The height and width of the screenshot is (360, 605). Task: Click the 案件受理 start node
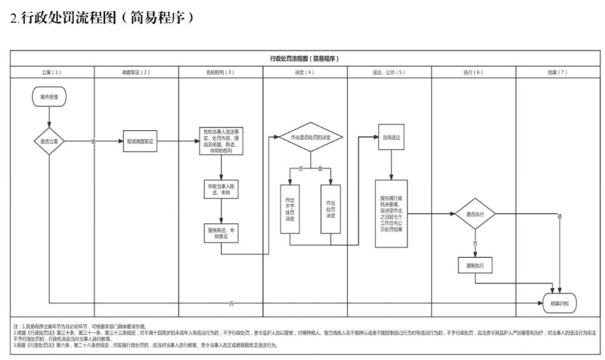coord(48,98)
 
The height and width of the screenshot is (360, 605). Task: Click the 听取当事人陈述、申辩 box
coord(219,188)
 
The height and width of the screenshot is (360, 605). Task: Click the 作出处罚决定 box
coord(330,206)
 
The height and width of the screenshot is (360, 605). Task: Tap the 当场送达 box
coord(391,138)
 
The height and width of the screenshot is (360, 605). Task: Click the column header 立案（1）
coord(51,72)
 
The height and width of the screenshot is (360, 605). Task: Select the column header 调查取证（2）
coord(136,72)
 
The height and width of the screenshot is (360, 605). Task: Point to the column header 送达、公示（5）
coord(389,72)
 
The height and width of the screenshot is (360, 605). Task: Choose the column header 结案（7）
coord(557,72)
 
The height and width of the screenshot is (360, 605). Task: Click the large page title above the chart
coord(102,17)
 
